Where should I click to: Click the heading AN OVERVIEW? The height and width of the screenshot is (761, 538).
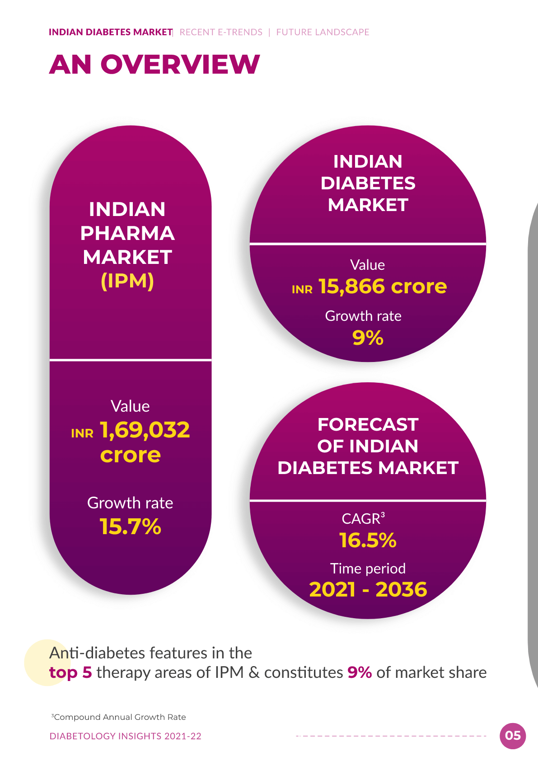point(154,64)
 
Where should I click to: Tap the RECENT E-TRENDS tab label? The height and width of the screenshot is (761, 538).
point(221,32)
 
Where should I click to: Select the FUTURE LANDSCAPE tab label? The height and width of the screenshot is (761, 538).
point(323,32)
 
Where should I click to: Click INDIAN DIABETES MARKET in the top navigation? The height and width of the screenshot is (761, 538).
point(111,32)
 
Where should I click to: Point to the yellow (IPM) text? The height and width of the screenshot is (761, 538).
point(127,281)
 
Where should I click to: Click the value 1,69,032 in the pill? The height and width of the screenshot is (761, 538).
point(145,430)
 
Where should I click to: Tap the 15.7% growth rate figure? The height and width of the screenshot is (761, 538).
point(131,527)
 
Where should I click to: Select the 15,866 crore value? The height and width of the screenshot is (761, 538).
point(383,287)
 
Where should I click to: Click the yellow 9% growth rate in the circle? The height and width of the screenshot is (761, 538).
point(368,338)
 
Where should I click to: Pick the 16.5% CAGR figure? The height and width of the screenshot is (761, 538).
point(368,540)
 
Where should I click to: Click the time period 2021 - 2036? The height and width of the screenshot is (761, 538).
point(368,589)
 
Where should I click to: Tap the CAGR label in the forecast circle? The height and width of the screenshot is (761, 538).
point(363,519)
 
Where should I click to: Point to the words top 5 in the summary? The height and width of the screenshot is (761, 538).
point(70,673)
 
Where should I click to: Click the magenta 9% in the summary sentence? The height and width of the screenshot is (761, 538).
point(360,673)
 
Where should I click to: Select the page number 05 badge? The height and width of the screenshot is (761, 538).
point(513,736)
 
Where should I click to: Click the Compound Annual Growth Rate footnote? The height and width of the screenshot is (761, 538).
point(119,717)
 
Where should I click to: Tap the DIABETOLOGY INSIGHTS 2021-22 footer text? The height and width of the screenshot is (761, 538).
point(125,736)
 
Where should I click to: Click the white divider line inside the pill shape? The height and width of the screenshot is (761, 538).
point(131,359)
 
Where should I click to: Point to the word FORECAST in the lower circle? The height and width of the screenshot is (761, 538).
point(368,425)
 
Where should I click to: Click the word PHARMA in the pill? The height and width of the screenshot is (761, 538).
point(127,233)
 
